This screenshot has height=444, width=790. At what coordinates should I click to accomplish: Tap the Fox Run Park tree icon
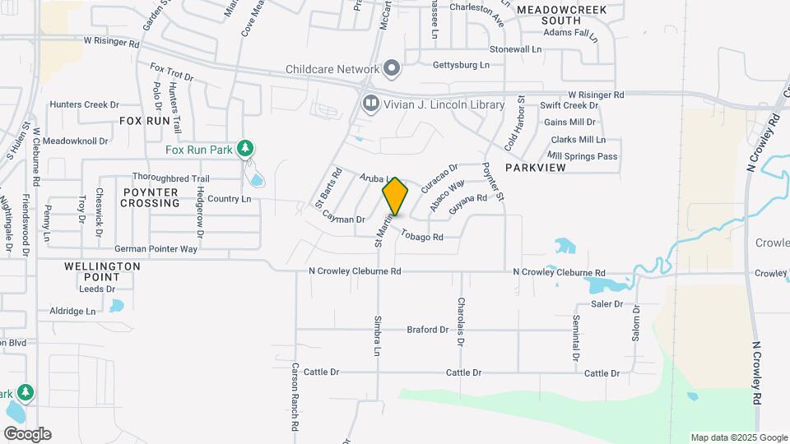(x=244, y=149)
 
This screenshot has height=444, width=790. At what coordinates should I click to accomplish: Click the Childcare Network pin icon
(x=392, y=68)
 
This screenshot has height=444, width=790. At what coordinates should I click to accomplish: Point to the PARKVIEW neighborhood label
(x=536, y=167)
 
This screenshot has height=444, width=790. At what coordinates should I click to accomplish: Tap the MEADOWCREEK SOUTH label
(x=560, y=16)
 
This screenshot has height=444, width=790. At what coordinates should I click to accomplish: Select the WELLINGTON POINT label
(x=102, y=272)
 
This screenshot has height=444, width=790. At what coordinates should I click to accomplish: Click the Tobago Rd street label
(x=422, y=236)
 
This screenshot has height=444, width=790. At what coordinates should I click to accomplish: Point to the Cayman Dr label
(x=343, y=220)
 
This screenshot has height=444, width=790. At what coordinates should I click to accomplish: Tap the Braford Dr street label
(x=427, y=330)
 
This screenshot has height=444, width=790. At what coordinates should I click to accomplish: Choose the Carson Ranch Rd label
(x=294, y=397)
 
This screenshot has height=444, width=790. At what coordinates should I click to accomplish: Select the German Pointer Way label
(x=156, y=248)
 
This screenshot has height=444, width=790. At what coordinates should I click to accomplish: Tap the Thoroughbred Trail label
(x=171, y=178)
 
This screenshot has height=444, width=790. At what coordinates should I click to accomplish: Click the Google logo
(x=27, y=433)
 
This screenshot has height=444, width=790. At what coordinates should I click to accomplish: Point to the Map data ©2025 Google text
(x=738, y=437)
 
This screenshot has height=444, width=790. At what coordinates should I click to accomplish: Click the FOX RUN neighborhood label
(x=144, y=121)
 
